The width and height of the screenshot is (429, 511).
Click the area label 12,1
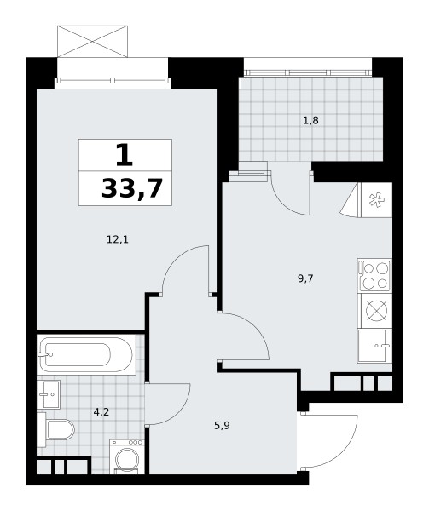coord(118,240)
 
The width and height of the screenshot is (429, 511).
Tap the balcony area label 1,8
coord(310,121)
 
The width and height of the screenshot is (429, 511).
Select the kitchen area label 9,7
coord(305,278)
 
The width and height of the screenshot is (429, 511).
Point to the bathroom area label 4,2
coord(101,412)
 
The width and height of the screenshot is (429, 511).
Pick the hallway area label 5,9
coord(222,425)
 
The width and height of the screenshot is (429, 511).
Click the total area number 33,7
coord(132,188)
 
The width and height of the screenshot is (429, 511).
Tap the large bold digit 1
coord(125,155)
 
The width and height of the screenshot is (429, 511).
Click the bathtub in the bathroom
coord(86,354)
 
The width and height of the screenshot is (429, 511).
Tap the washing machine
coord(127,456)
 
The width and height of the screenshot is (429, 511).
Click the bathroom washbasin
coord(49,394)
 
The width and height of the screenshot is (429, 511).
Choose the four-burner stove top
coord(374,275)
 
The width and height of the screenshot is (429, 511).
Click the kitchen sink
coord(374,346)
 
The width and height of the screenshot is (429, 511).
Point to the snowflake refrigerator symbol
coord(376,200)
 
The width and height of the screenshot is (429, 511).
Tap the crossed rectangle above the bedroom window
coord(92,42)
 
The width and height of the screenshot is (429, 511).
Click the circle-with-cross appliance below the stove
coord(376,311)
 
